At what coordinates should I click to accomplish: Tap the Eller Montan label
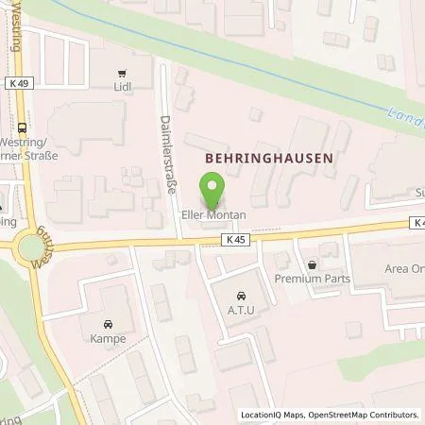pos(213,215)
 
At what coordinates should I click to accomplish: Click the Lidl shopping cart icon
pos(121,73)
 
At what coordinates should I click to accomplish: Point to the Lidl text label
pos(121,88)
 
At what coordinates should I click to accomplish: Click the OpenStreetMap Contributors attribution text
pos(364,415)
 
